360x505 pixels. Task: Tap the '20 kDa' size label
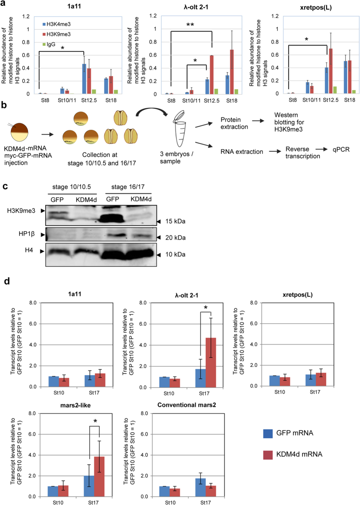pos(177,237)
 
